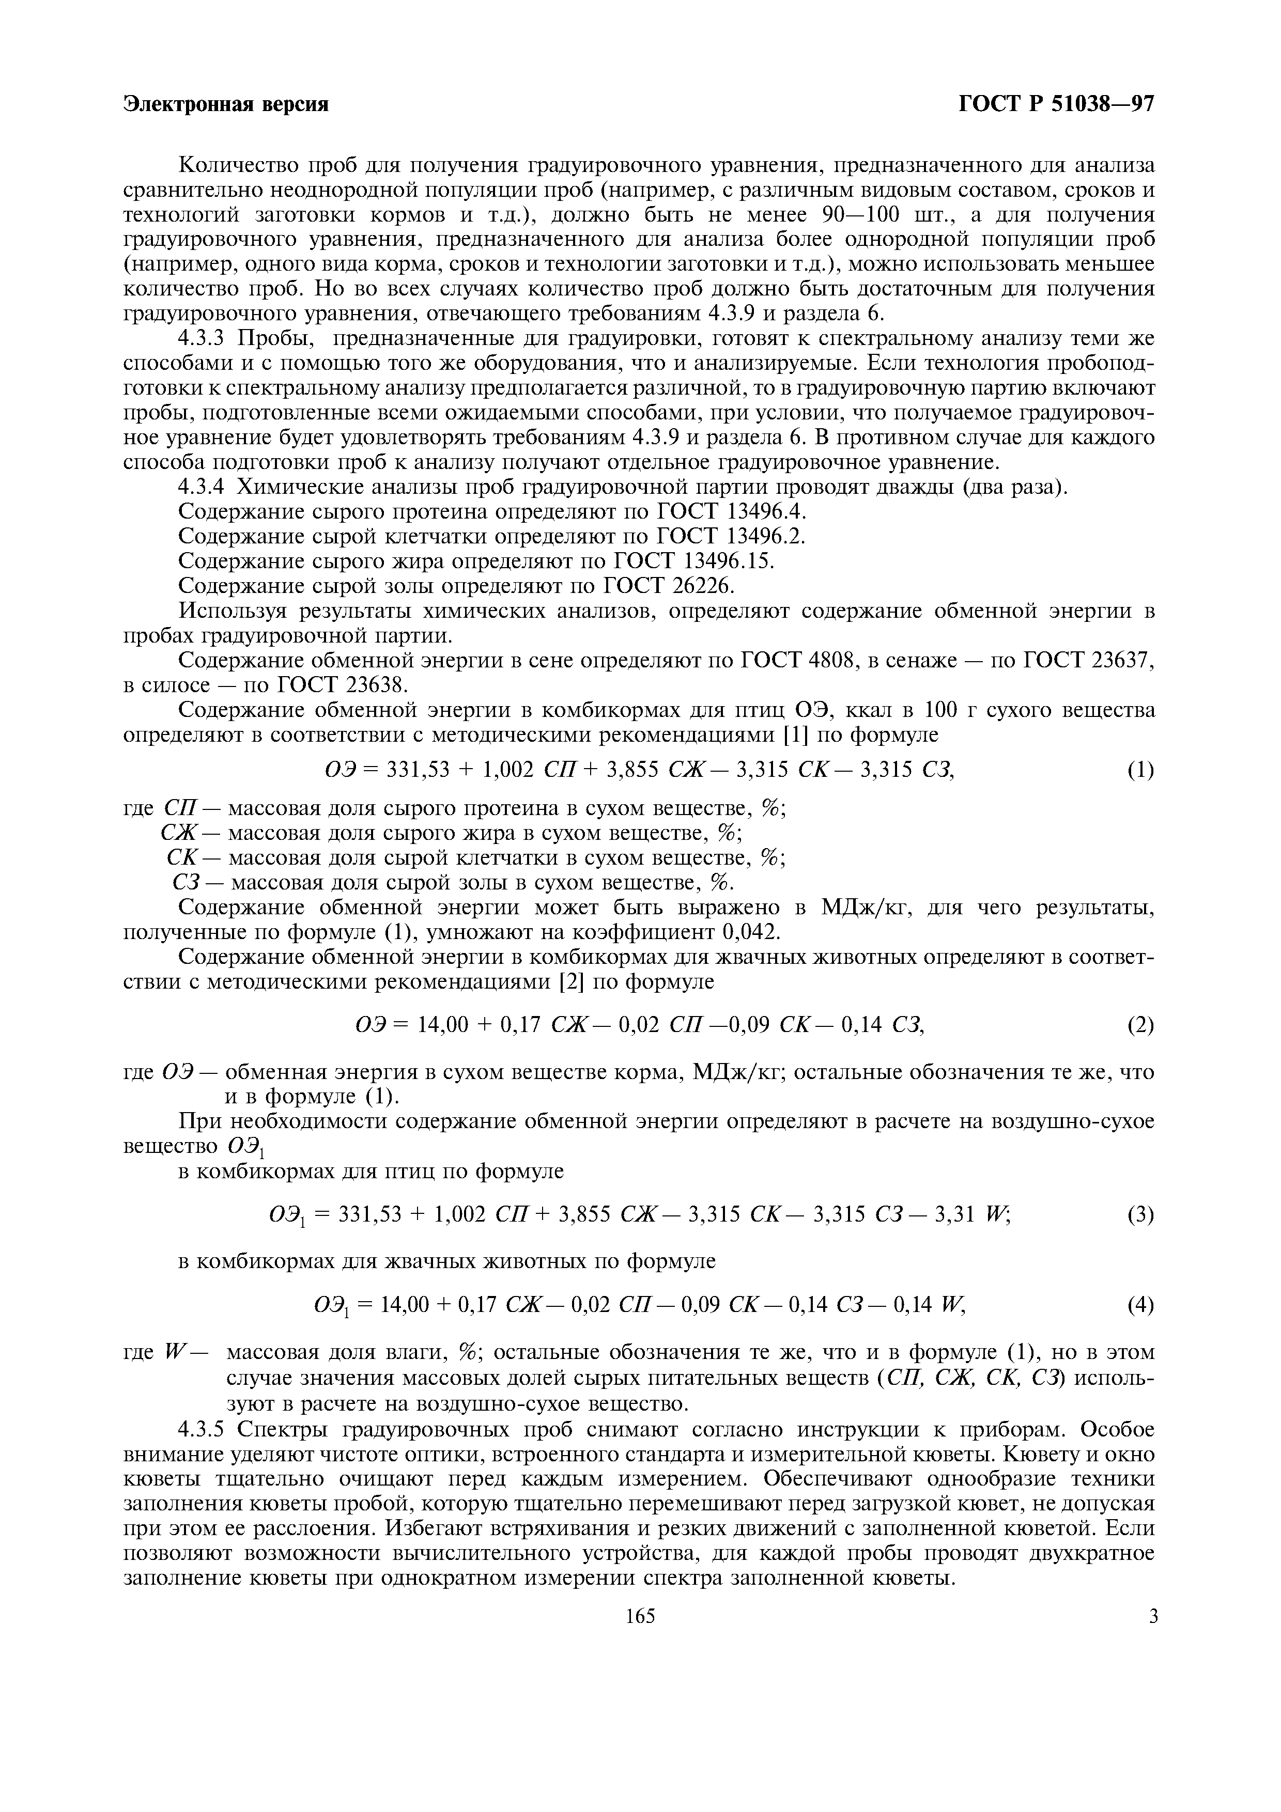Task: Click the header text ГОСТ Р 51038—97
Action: click(x=1056, y=105)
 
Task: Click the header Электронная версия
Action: click(x=226, y=105)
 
